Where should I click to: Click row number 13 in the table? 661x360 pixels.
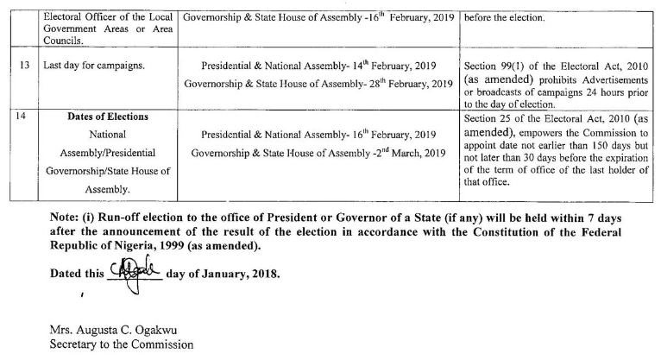point(20,66)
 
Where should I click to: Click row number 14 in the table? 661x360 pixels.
point(20,117)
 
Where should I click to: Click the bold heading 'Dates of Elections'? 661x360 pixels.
point(108,117)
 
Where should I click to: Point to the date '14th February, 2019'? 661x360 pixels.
point(387,66)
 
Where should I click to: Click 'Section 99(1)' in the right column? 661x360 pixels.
point(498,66)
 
